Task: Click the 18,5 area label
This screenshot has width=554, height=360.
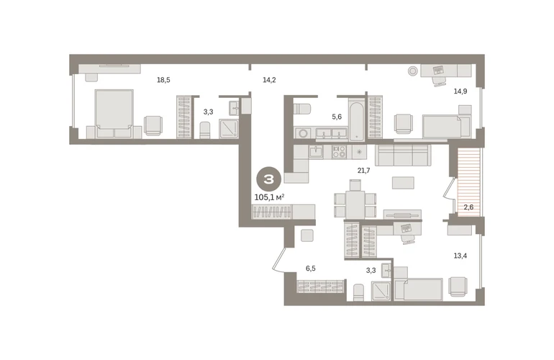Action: tap(163, 80)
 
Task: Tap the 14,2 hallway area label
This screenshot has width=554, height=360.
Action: tap(269, 80)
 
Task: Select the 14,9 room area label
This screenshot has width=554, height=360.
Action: tap(460, 91)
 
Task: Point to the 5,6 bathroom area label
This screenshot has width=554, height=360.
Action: tap(337, 117)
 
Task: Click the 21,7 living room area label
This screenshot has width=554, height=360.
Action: tap(363, 171)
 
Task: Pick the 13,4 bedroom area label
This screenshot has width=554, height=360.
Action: tap(460, 256)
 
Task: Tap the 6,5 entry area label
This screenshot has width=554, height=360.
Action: tap(311, 269)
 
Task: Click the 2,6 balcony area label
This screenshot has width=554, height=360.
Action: tap(468, 207)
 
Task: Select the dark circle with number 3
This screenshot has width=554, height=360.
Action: tap(269, 179)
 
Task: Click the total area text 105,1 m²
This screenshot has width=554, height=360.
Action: tap(270, 197)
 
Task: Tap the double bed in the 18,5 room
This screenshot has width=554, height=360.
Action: tap(114, 114)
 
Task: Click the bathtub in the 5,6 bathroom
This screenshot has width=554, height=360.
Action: tap(357, 120)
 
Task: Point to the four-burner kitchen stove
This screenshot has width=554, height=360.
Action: tap(340, 152)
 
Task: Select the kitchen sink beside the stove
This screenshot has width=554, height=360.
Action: tap(317, 152)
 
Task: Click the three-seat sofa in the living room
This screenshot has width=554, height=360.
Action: tap(403, 156)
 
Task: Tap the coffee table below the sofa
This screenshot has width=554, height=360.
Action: tap(403, 182)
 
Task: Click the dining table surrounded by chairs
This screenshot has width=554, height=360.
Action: tap(355, 204)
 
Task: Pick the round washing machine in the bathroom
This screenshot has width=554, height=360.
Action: tap(302, 133)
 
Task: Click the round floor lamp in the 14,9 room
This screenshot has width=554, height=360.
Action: tap(413, 71)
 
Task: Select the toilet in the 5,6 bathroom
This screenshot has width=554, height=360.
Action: tap(301, 108)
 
